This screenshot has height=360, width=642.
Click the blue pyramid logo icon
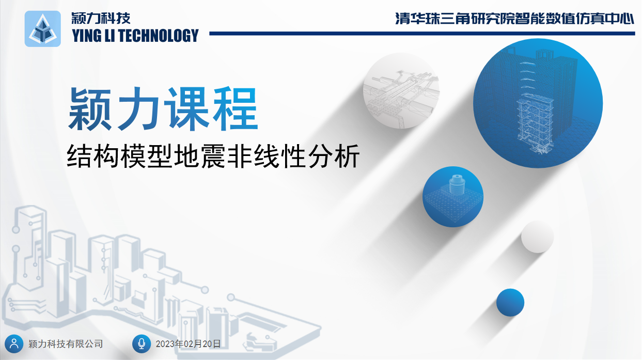(43, 28)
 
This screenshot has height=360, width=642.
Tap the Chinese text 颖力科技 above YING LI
(101, 19)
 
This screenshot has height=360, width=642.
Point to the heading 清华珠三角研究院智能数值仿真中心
(515, 19)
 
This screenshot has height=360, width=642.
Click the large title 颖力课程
(163, 108)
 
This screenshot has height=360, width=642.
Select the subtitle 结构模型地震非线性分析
(213, 156)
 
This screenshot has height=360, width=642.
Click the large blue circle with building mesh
(538, 103)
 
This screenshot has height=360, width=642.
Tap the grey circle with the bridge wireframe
(401, 90)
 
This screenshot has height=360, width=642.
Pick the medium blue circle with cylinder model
(453, 197)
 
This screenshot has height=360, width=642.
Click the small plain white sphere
(537, 237)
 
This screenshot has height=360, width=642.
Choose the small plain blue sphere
(510, 302)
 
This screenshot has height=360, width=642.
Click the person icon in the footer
(14, 343)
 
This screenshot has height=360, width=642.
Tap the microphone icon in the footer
(142, 343)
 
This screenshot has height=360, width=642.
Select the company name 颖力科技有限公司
(66, 344)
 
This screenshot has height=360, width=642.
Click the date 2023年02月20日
(188, 344)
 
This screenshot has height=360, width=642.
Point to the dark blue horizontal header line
(422, 34)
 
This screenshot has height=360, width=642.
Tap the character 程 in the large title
(236, 108)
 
